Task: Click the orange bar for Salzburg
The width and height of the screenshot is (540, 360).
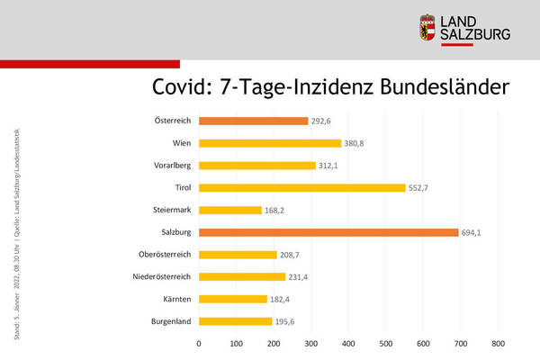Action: pos(328,232)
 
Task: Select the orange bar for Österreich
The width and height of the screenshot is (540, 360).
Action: pos(253,121)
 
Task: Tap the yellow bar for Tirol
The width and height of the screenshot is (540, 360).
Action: pos(302,187)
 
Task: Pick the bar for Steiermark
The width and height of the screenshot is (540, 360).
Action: pos(230,210)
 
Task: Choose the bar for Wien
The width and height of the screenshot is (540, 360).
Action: pos(270,143)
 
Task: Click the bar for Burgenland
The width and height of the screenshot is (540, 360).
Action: pos(236,321)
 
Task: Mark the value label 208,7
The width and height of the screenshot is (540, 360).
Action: pos(292,255)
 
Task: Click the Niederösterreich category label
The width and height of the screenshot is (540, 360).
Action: pos(159,277)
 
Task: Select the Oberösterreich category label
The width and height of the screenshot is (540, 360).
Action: pos(163,255)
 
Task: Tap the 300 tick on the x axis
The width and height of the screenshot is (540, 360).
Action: pos(311,343)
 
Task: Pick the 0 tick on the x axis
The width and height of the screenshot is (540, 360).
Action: pos(199,343)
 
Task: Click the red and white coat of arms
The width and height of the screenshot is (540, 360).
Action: pos(430,28)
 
